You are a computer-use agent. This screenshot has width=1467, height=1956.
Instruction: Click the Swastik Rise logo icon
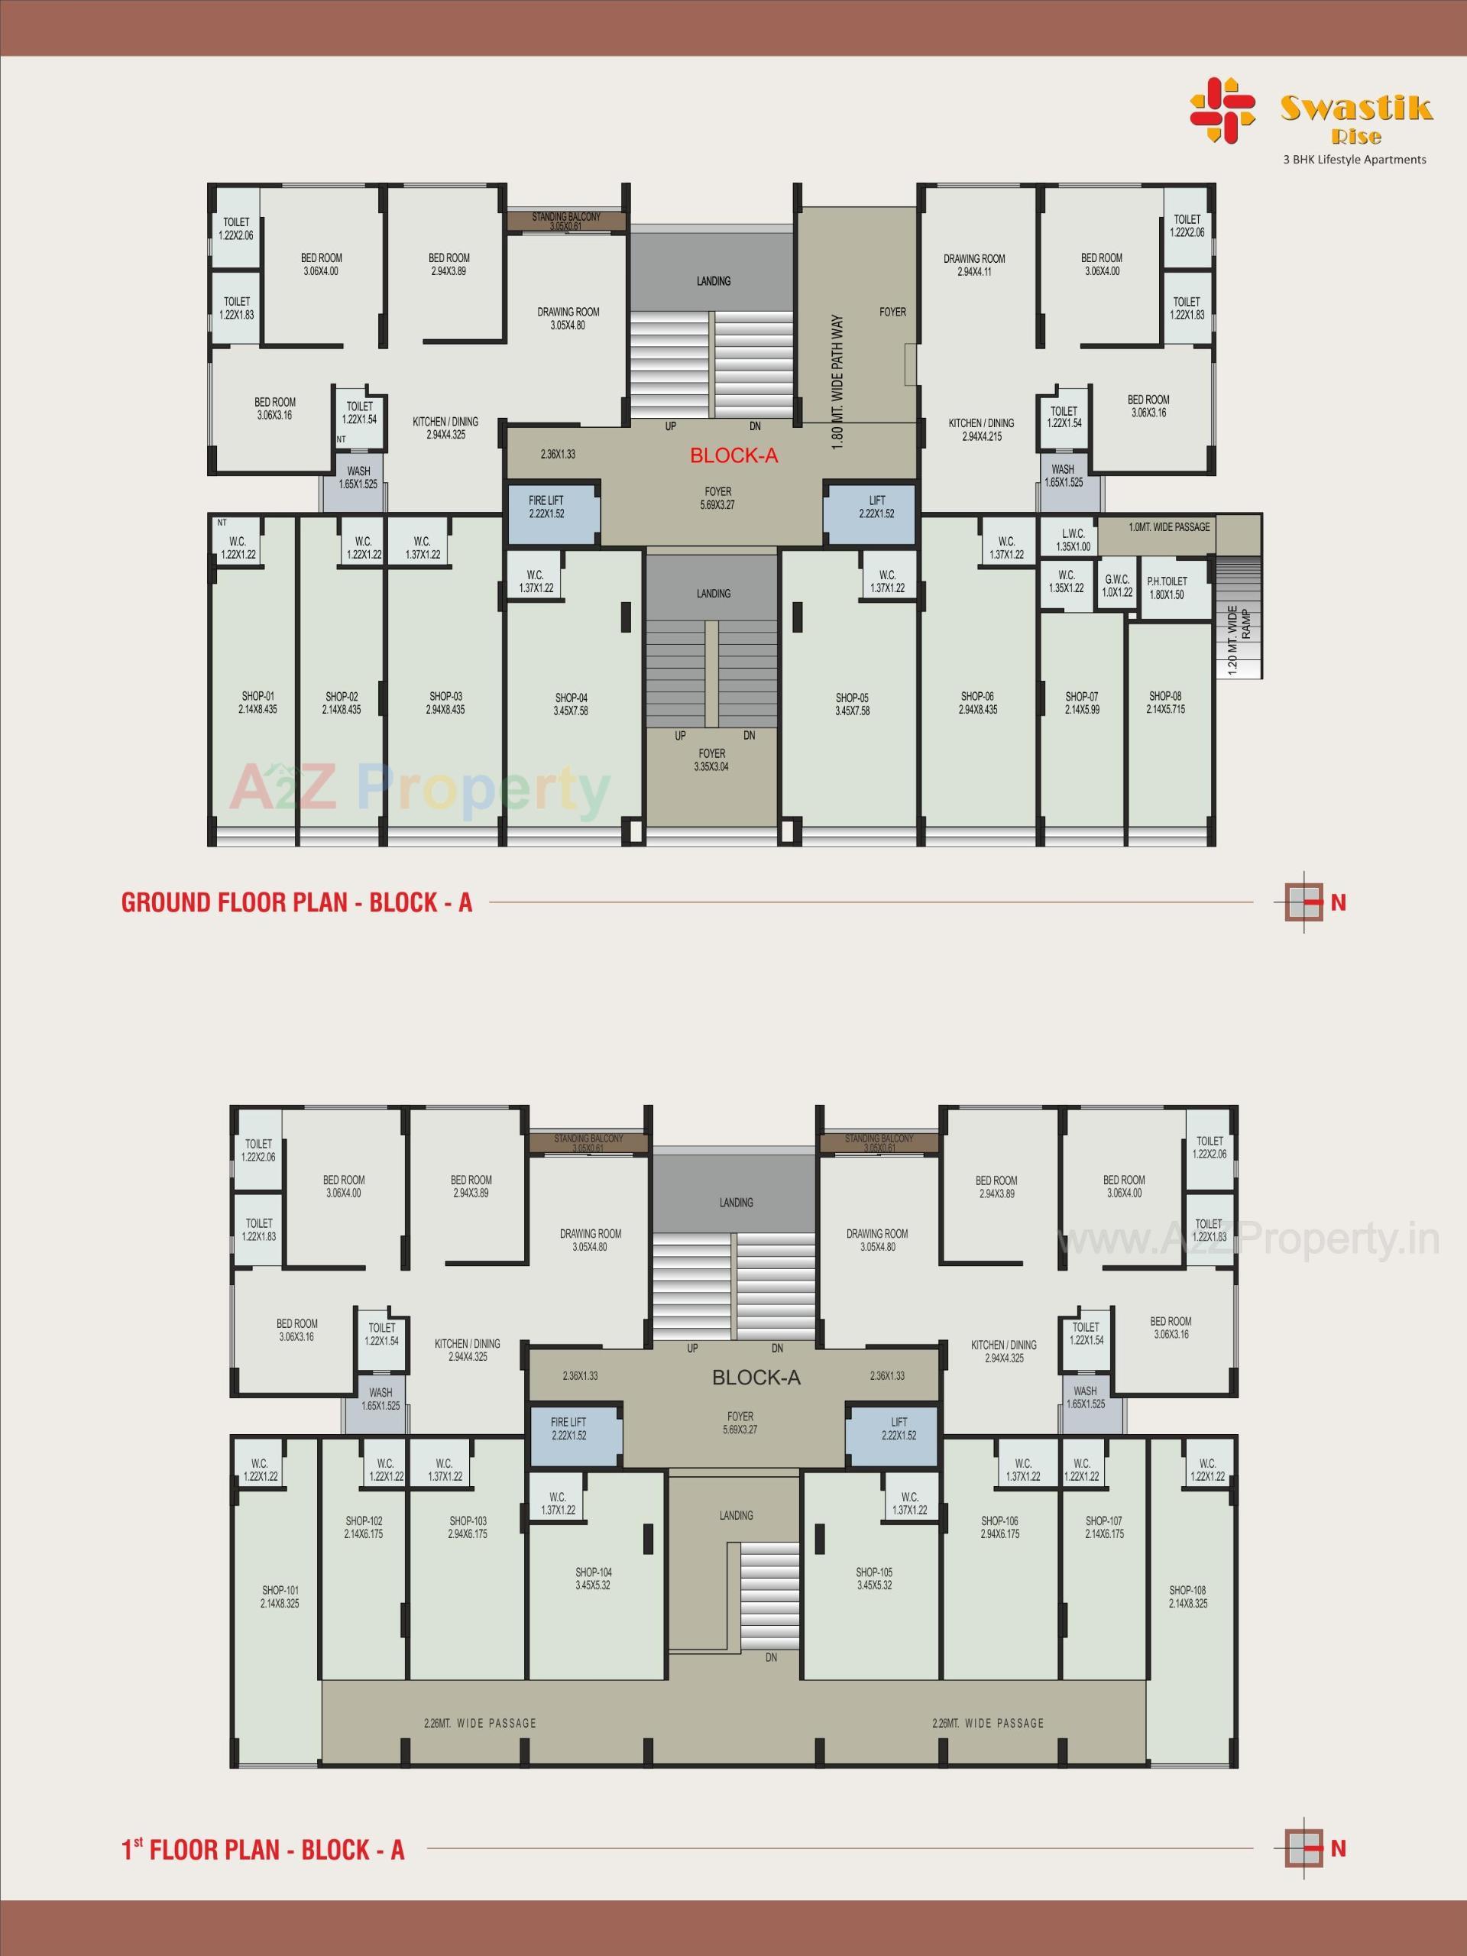1222,112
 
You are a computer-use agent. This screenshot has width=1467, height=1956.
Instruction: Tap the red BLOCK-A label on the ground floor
734,455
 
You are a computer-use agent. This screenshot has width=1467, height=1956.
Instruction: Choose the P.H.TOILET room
1167,588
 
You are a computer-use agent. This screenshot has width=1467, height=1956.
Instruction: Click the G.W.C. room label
1117,586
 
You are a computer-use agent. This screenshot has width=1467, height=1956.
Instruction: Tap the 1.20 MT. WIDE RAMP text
1238,641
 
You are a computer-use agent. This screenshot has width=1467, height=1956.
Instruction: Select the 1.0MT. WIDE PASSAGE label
1169,527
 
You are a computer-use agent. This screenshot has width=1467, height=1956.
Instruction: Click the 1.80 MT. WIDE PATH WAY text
839,384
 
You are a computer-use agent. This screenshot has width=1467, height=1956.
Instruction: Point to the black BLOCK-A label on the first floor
756,1377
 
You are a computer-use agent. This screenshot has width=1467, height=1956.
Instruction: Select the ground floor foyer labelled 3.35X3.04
713,760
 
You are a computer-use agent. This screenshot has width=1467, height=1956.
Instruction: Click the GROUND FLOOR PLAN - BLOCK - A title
297,903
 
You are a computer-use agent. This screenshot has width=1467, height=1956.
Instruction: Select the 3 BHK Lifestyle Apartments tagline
1355,160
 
